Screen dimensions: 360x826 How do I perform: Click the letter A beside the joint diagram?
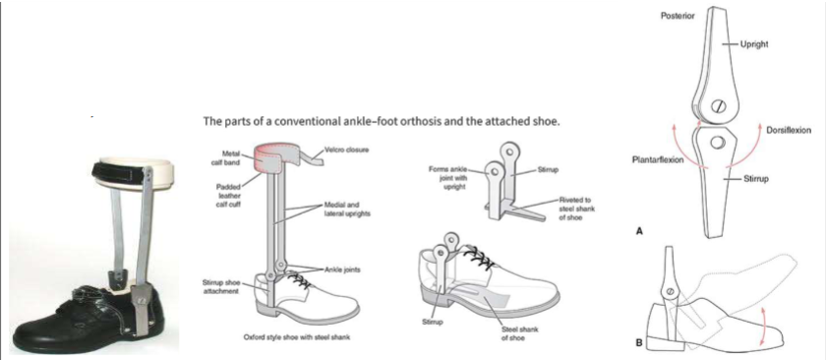639,233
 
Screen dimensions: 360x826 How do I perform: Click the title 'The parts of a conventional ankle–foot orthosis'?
382,123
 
